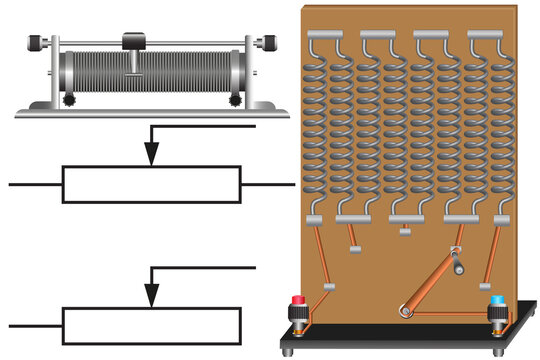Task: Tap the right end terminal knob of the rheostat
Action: [270, 43]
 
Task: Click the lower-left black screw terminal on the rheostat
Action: [68, 100]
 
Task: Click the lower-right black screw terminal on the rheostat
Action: [236, 100]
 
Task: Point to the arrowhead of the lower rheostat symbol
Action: [151, 296]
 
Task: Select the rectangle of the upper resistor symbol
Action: [151, 185]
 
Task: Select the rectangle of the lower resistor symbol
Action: [151, 326]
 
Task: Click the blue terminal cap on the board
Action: [497, 300]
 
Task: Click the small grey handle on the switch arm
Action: [460, 267]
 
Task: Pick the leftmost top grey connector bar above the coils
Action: [325, 34]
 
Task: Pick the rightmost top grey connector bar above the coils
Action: [485, 34]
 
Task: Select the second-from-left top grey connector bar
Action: [378, 34]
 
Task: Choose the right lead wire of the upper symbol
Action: [267, 185]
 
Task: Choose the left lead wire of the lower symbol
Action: [35, 326]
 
